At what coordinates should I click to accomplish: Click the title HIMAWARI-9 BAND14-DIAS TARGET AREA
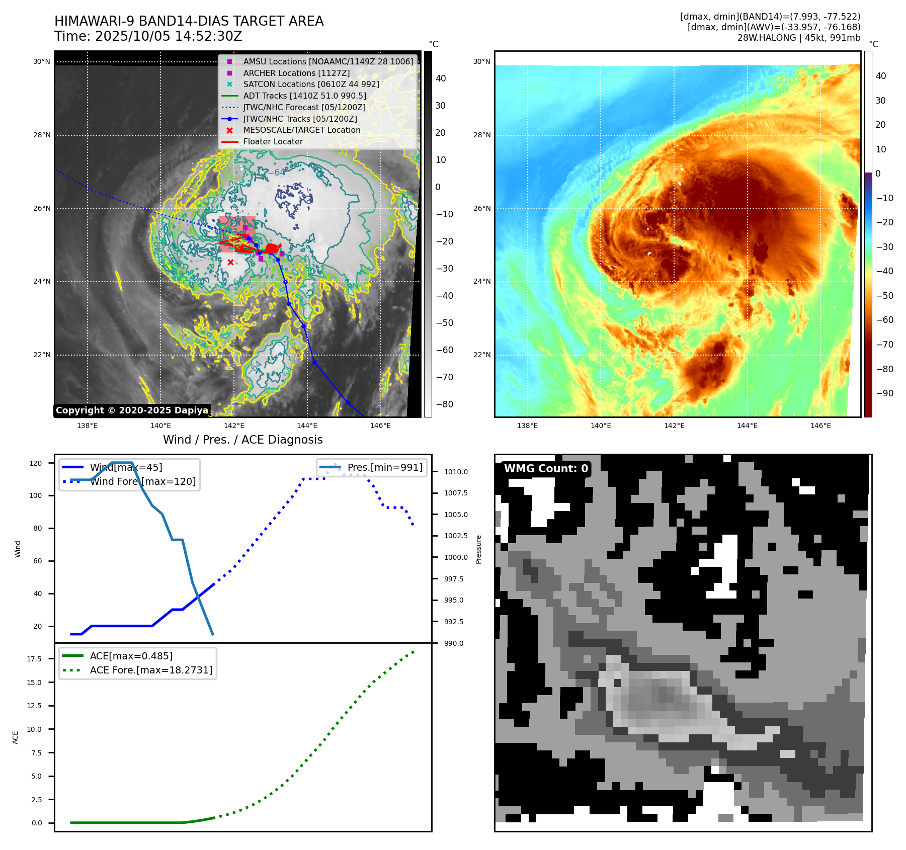189,21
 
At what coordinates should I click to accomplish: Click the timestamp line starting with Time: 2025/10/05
148,37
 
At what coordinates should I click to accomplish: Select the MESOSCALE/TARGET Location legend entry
301,130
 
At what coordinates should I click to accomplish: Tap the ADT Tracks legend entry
304,96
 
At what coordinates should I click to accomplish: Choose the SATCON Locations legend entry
311,84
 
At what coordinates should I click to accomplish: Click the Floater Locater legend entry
273,142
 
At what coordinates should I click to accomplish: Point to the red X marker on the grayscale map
230,263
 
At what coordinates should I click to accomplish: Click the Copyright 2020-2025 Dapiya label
132,410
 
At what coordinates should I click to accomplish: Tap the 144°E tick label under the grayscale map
307,426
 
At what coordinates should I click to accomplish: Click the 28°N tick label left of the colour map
481,135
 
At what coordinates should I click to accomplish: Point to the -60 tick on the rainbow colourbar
884,320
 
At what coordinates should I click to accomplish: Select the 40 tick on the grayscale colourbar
441,78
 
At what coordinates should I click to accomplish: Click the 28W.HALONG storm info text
798,38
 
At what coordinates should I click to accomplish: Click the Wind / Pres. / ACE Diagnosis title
242,440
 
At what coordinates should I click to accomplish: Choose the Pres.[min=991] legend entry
384,468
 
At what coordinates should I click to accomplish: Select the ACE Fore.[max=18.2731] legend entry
151,670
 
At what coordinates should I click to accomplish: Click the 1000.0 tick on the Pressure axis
456,557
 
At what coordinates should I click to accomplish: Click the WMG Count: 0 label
546,469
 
